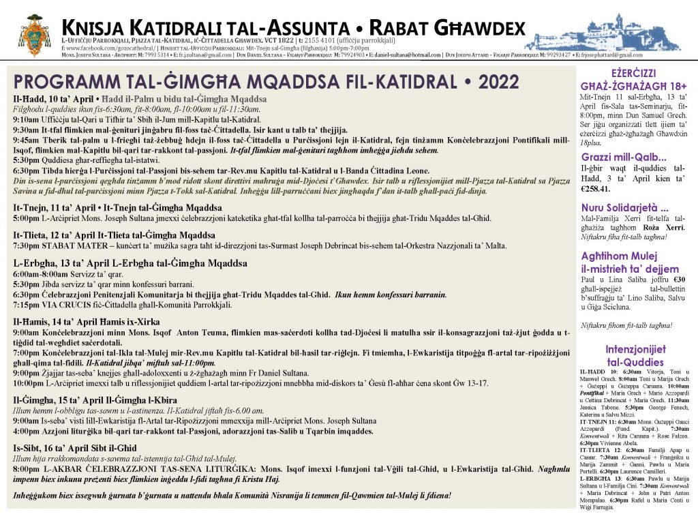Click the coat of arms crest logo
[33, 36]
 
